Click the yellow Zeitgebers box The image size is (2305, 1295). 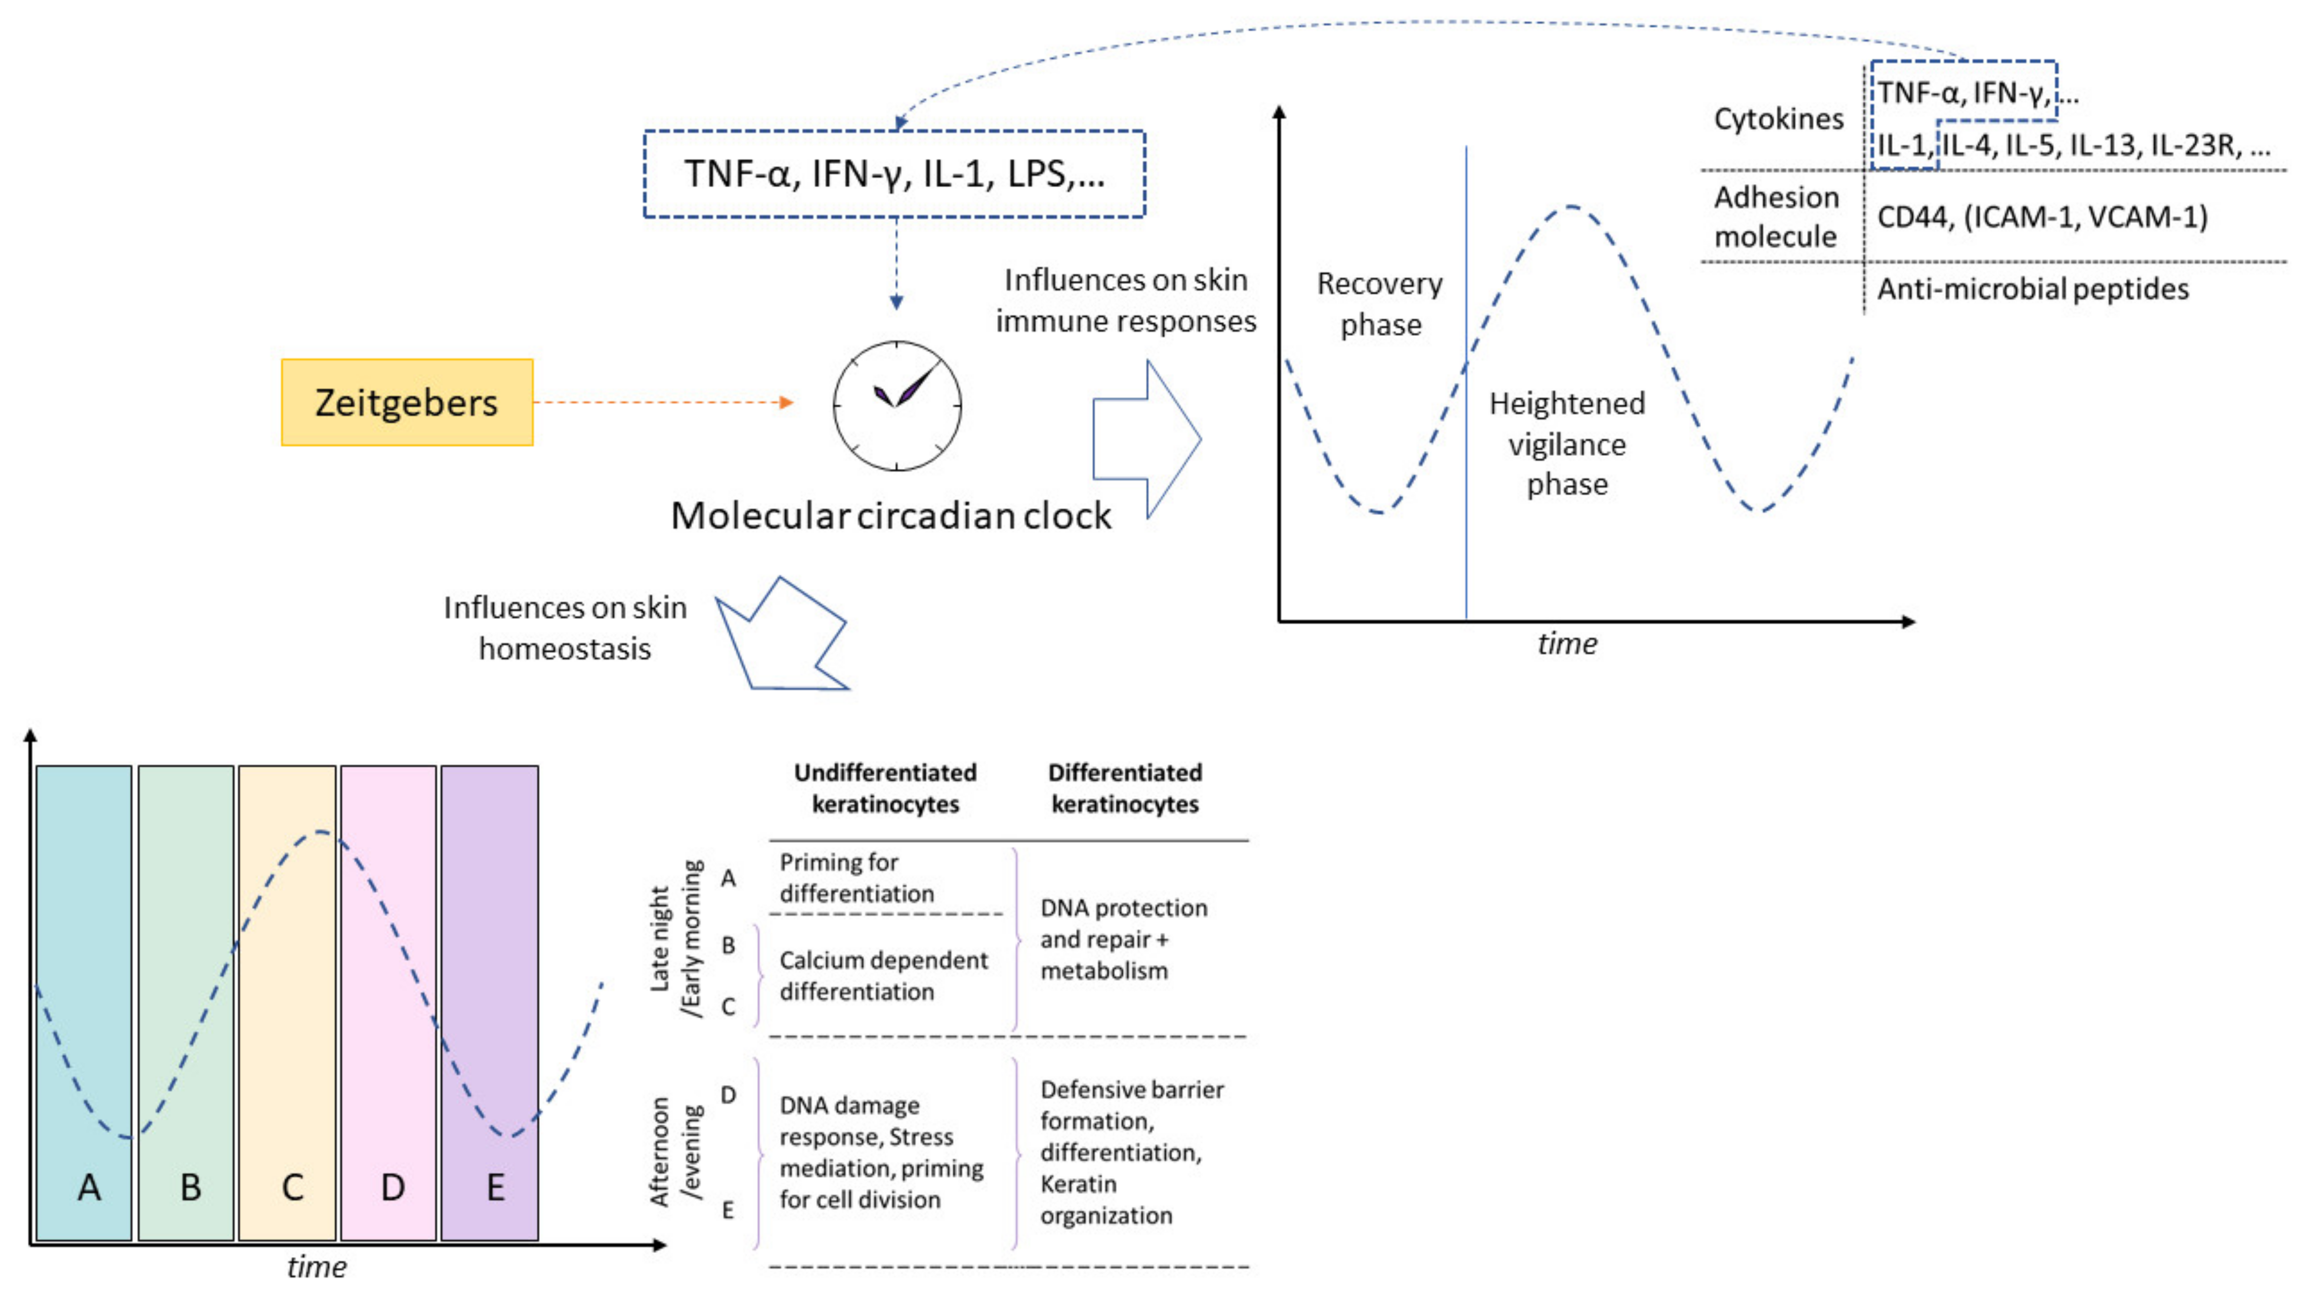coord(407,403)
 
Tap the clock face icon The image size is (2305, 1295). coord(897,405)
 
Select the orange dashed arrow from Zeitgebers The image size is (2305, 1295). coord(662,403)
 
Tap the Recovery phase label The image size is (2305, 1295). coord(1380,305)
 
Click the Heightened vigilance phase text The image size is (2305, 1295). coord(1567,444)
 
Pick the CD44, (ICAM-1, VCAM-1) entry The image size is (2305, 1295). coord(2042,217)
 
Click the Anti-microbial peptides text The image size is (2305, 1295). coord(2032,289)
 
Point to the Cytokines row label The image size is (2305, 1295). coord(1778,119)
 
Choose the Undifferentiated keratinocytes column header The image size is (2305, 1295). coord(885,788)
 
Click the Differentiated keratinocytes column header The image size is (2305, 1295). coord(1125,788)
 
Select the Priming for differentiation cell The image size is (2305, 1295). coord(857,878)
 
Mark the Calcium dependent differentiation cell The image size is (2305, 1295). coord(883,975)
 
